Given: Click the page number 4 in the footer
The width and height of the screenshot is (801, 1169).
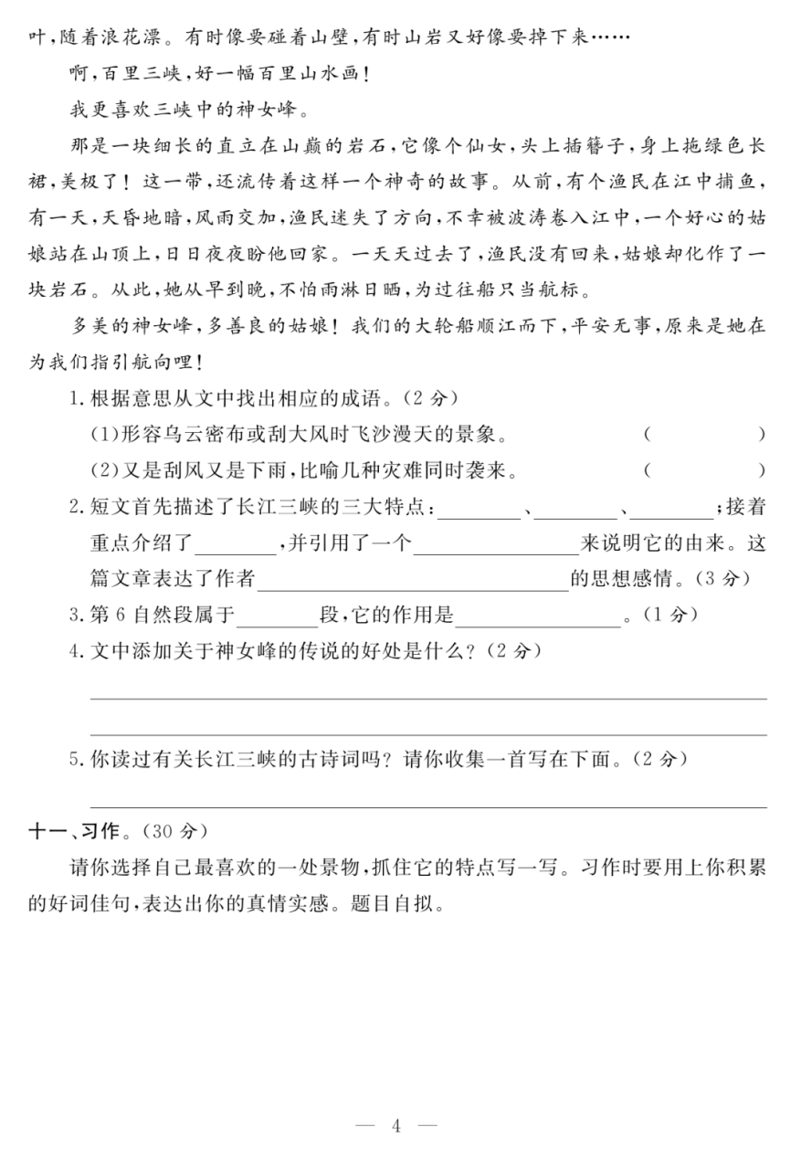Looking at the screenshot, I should [x=396, y=1125].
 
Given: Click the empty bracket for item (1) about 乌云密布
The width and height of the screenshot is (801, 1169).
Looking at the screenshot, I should [x=703, y=434].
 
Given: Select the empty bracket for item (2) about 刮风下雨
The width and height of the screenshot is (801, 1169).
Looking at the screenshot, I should [x=703, y=470].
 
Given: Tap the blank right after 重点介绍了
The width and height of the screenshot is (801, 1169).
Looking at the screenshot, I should [x=236, y=543].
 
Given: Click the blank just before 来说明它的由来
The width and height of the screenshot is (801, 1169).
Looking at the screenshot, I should [x=496, y=543].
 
